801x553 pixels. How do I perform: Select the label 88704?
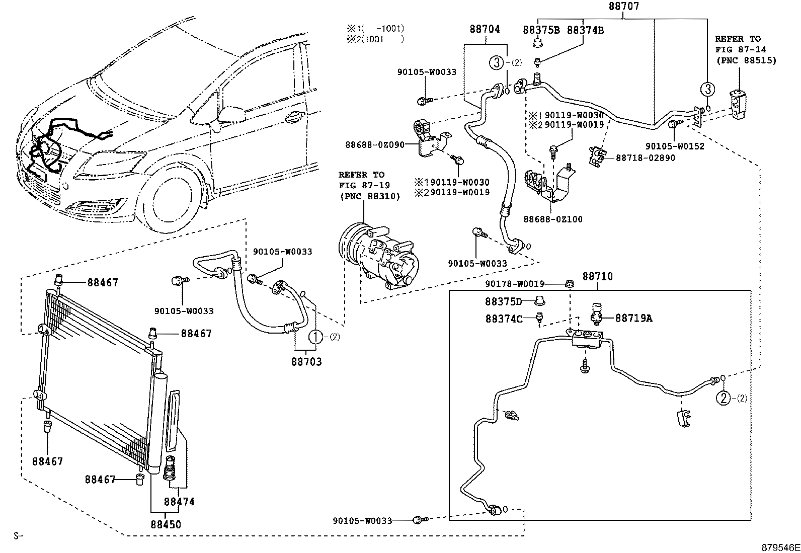pyautogui.click(x=485, y=29)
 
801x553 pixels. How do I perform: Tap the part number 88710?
pyautogui.click(x=598, y=277)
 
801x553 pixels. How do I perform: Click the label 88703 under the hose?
pyautogui.click(x=306, y=361)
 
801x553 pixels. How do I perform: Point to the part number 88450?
pyautogui.click(x=165, y=524)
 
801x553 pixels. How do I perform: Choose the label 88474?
pyautogui.click(x=179, y=501)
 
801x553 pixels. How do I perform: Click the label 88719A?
pyautogui.click(x=633, y=318)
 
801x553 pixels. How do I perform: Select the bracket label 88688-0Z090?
pyautogui.click(x=374, y=145)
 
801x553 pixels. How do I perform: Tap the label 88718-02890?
pyautogui.click(x=646, y=158)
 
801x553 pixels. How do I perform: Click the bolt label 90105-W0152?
pyautogui.click(x=675, y=146)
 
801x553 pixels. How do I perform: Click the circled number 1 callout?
pyautogui.click(x=315, y=337)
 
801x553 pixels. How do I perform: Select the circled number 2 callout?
pyautogui.click(x=723, y=399)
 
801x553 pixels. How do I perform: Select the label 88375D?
pyautogui.click(x=504, y=301)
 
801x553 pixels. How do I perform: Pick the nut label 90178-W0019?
pyautogui.click(x=522, y=284)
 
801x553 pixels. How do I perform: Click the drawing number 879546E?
pyautogui.click(x=779, y=547)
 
